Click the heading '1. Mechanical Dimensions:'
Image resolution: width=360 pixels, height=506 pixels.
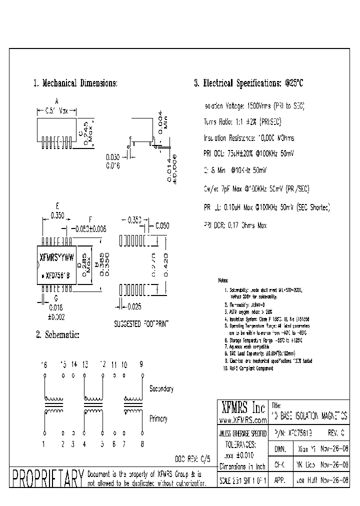75,83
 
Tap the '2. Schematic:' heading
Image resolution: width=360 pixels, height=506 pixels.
57,334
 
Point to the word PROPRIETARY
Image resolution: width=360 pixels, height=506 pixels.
48,478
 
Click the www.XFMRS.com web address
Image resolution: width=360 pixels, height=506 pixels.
242,420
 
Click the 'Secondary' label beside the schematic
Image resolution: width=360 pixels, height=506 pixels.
161,388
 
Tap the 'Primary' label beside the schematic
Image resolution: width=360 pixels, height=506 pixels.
158,419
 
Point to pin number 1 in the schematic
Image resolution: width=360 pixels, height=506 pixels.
44,443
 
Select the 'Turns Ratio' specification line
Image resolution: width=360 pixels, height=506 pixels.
242,121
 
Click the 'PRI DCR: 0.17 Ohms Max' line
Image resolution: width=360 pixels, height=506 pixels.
235,225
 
